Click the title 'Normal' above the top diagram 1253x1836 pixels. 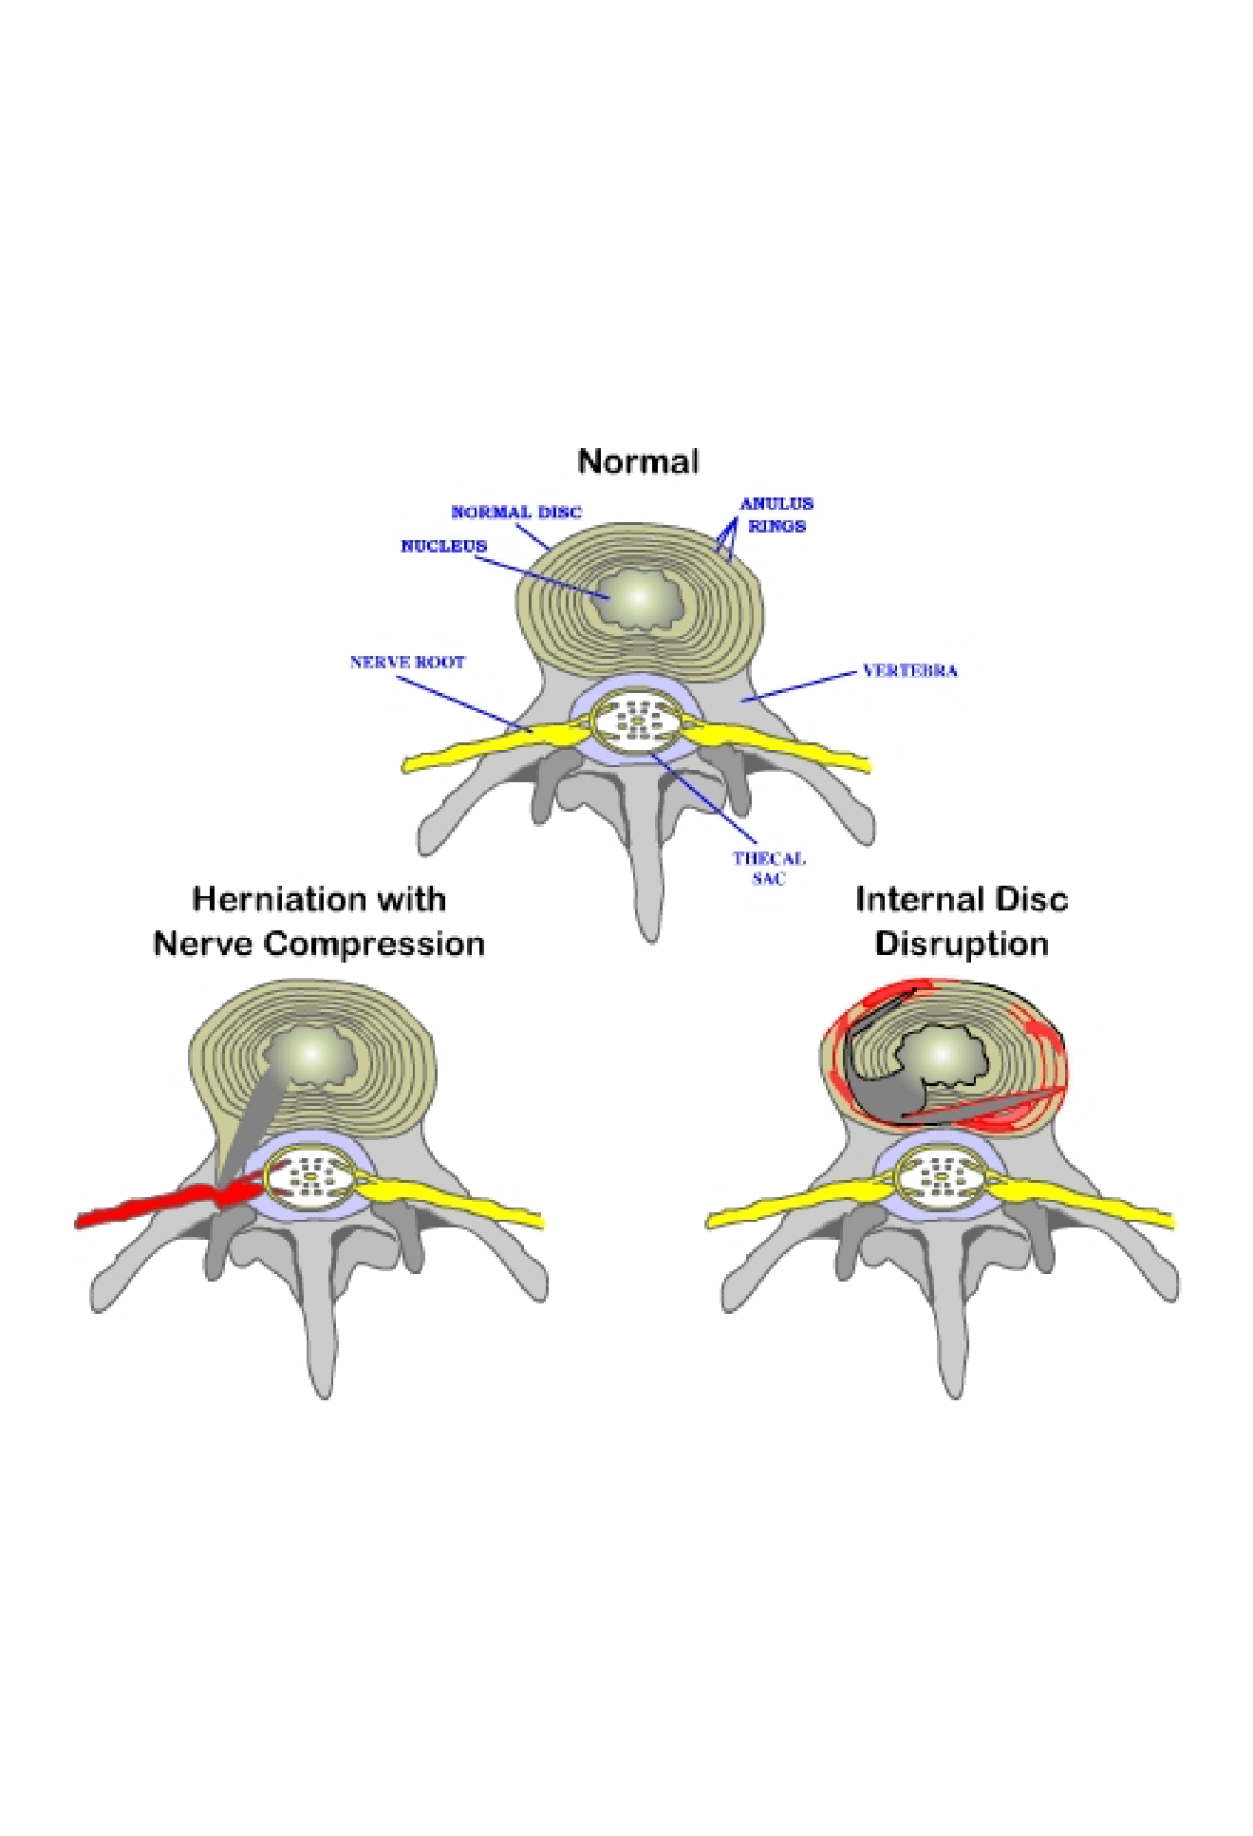click(638, 461)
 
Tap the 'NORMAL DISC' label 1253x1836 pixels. click(515, 512)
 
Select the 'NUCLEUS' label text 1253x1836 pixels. click(443, 546)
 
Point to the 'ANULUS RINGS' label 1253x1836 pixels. click(776, 515)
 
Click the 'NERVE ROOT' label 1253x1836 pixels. click(407, 662)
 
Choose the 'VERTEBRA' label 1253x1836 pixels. click(909, 670)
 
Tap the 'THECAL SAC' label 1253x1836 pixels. click(769, 868)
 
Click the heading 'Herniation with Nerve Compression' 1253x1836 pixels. click(319, 921)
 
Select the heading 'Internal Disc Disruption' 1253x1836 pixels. click(961, 921)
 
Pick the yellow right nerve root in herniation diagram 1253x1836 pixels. click(456, 1200)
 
